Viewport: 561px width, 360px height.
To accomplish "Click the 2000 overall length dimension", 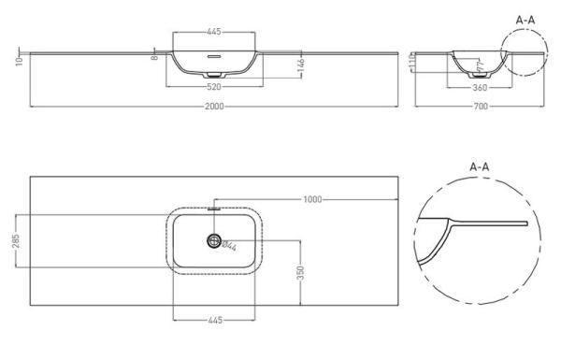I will [216, 107].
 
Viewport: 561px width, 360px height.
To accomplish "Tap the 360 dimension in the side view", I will [481, 88].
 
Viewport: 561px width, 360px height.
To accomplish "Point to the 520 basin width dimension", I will [216, 87].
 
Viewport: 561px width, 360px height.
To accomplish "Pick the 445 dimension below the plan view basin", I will [216, 320].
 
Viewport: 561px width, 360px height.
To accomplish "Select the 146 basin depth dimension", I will [301, 64].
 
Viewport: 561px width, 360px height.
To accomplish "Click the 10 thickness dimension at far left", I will [18, 60].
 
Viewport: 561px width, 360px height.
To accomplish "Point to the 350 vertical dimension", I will [299, 271].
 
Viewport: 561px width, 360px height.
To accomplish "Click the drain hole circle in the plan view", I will [216, 242].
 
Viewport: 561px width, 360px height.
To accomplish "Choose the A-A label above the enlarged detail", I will [479, 167].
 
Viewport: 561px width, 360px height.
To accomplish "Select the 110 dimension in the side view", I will [414, 61].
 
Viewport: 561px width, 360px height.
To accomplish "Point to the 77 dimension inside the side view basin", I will [482, 65].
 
